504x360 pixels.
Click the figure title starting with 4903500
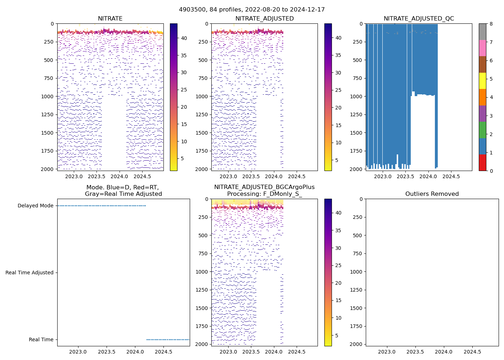click(x=252, y=10)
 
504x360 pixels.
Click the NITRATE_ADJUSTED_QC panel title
click(x=419, y=19)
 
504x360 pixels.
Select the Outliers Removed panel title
click(x=432, y=194)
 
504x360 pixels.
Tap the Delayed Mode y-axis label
click(x=35, y=206)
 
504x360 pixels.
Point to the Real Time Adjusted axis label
click(x=29, y=273)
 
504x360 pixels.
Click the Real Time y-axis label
click(x=41, y=340)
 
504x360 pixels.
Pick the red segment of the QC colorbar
click(x=482, y=163)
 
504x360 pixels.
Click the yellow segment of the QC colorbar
click(x=482, y=81)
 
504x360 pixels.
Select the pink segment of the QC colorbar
click(x=482, y=48)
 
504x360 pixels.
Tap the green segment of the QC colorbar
click(x=482, y=130)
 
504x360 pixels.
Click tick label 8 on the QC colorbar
click(x=491, y=24)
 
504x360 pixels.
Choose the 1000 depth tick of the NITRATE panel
click(x=49, y=96)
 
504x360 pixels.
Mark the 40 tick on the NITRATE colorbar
click(x=184, y=38)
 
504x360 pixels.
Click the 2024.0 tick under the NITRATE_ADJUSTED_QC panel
click(x=428, y=177)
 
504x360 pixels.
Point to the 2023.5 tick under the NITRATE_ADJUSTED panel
click(x=251, y=177)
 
